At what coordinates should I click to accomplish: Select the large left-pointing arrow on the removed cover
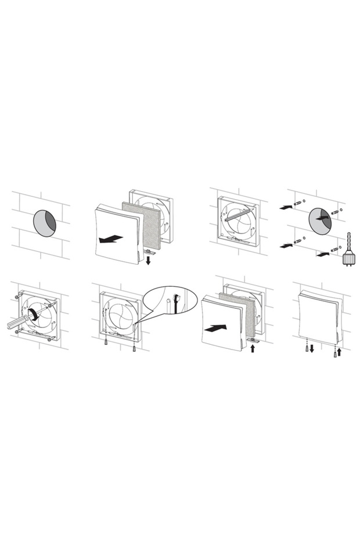coord(110,238)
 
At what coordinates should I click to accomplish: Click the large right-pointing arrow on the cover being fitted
coord(216,328)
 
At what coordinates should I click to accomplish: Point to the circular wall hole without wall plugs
coord(45,224)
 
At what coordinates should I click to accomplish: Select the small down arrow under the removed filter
coord(148,261)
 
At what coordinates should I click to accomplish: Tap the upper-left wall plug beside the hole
coord(298,204)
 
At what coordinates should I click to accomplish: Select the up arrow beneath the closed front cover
coord(340,352)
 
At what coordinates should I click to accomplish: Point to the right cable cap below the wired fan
coord(135,350)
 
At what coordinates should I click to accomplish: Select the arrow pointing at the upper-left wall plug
coord(285,206)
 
